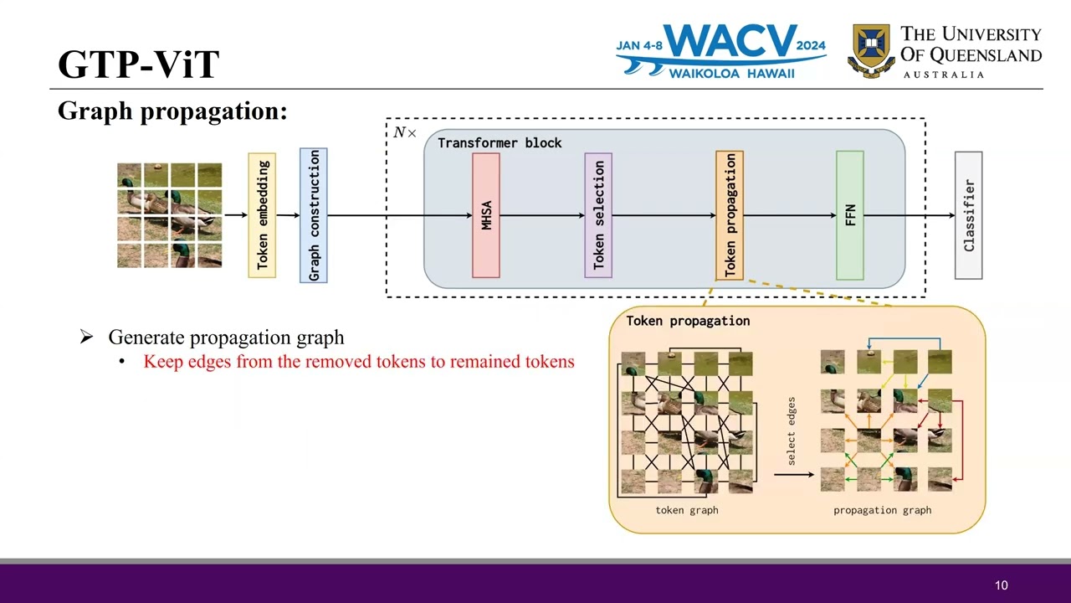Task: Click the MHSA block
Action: tap(486, 215)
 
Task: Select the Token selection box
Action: tap(598, 215)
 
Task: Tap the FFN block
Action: tap(850, 215)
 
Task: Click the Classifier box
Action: tap(969, 215)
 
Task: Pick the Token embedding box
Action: tap(262, 215)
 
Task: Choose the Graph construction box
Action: tap(314, 215)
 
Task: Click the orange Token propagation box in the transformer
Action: tap(730, 215)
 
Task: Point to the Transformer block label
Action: tap(500, 143)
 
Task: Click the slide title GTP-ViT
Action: tap(139, 64)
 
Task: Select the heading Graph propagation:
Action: tap(172, 111)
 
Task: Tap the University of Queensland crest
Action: tap(870, 51)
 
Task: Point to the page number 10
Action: tap(1002, 585)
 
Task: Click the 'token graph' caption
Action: tap(686, 510)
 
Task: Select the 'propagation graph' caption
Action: tap(882, 510)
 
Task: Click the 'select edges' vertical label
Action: tap(792, 431)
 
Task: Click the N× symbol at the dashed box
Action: tap(405, 133)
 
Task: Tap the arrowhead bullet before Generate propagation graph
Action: tap(86, 338)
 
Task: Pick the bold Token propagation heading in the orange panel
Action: tap(688, 321)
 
